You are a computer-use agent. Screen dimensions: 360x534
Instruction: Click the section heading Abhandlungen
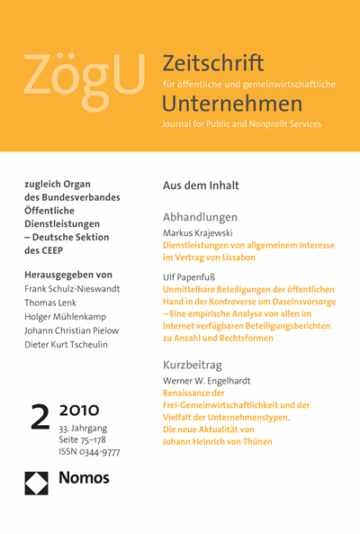tap(200, 217)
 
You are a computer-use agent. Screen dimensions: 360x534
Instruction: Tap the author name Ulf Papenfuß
tap(188, 281)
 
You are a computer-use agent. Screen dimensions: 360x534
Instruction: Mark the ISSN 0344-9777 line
tap(87, 452)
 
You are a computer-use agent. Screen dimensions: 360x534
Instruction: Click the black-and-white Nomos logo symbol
tap(37, 483)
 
